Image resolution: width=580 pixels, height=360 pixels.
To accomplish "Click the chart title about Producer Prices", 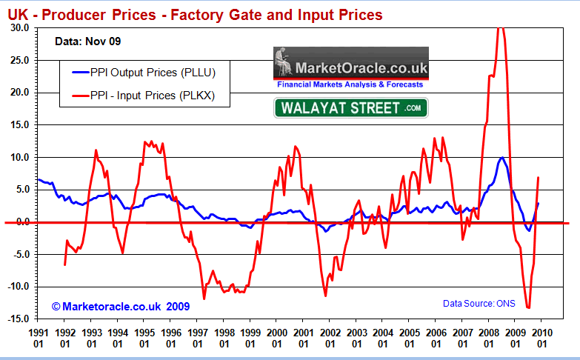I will [195, 14].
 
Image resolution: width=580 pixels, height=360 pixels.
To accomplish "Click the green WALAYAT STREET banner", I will [351, 108].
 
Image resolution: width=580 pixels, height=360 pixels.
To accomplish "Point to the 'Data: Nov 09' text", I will [85, 42].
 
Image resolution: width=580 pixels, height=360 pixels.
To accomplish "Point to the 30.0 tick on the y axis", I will [19, 27].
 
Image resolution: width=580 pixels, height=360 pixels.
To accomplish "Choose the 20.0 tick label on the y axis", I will [19, 93].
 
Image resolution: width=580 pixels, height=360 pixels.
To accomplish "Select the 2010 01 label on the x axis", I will [541, 339].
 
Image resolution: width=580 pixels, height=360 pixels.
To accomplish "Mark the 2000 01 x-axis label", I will [277, 339].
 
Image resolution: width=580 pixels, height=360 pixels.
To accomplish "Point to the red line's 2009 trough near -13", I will [528, 307].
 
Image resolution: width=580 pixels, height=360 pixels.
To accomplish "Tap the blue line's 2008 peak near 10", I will [502, 157].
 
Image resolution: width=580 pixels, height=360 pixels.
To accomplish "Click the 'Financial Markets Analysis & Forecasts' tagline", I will [350, 85].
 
